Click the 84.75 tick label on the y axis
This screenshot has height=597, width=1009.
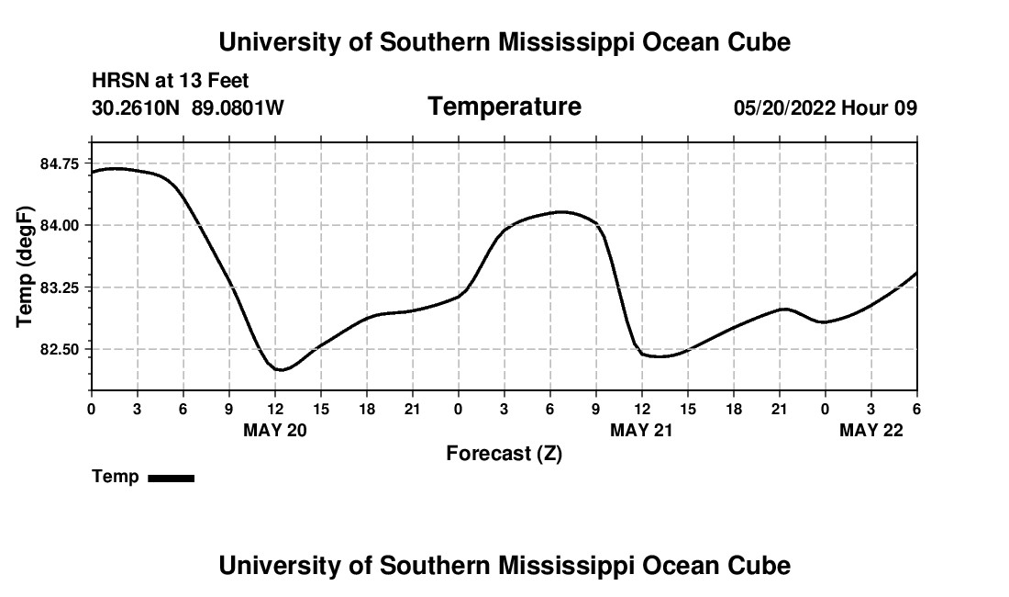(61, 163)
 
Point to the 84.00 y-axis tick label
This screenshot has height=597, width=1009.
(61, 225)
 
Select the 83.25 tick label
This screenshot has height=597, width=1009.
(61, 287)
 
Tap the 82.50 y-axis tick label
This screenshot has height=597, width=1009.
(61, 349)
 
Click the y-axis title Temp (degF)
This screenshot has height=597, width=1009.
(26, 267)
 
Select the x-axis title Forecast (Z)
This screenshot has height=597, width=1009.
(504, 454)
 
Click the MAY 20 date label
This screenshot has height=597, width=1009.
(275, 430)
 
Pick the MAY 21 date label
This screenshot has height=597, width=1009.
(642, 430)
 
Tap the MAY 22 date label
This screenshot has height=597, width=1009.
(871, 430)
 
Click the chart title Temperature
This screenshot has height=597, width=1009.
(504, 107)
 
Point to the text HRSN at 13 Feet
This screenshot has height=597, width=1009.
(171, 81)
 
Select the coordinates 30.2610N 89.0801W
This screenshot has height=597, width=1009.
(188, 108)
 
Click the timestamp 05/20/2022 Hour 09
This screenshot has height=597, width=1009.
(826, 108)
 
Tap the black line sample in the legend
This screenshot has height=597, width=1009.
(171, 478)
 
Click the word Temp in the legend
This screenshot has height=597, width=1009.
(116, 477)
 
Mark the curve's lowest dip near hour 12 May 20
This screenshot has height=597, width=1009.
(283, 370)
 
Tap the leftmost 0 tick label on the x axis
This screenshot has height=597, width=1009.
(91, 409)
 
